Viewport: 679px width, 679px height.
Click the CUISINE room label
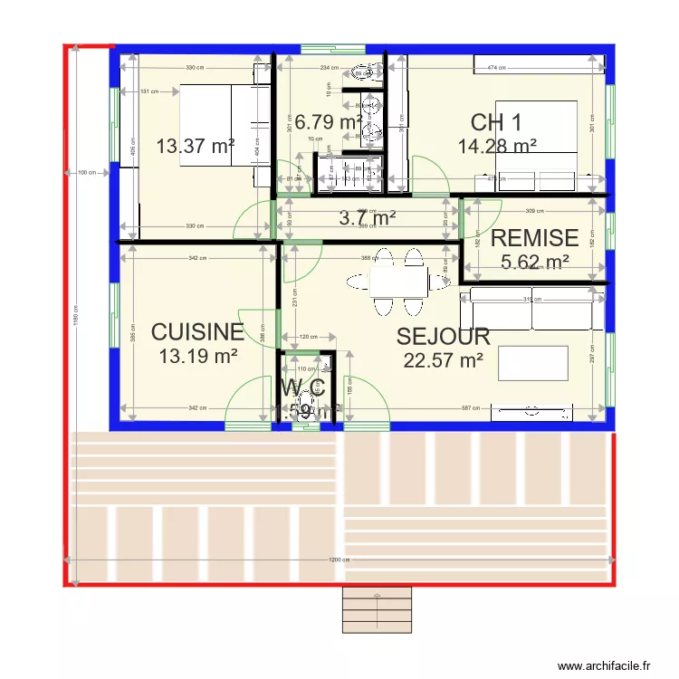coord(197,332)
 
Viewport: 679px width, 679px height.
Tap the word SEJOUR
coord(444,337)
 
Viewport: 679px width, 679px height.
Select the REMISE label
coord(534,238)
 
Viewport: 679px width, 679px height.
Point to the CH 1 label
coord(496,123)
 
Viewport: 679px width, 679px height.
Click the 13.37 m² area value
coord(196,146)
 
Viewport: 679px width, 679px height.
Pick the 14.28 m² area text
coord(497,146)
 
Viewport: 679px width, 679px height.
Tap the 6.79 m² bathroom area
coord(329,121)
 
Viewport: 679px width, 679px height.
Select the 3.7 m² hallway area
coord(367,217)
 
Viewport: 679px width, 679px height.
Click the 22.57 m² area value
coord(444,360)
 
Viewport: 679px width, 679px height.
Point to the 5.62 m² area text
coord(534,262)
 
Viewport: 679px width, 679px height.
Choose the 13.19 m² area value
coord(197,356)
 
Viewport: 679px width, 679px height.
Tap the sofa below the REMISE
coord(532,311)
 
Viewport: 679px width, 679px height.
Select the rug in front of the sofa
coord(532,363)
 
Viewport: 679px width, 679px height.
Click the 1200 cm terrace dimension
coord(338,559)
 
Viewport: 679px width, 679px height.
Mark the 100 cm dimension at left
coord(87,172)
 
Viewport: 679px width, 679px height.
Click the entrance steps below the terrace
coord(377,610)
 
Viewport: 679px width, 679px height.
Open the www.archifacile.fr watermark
coord(604,665)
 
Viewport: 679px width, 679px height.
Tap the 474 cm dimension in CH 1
coord(496,68)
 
